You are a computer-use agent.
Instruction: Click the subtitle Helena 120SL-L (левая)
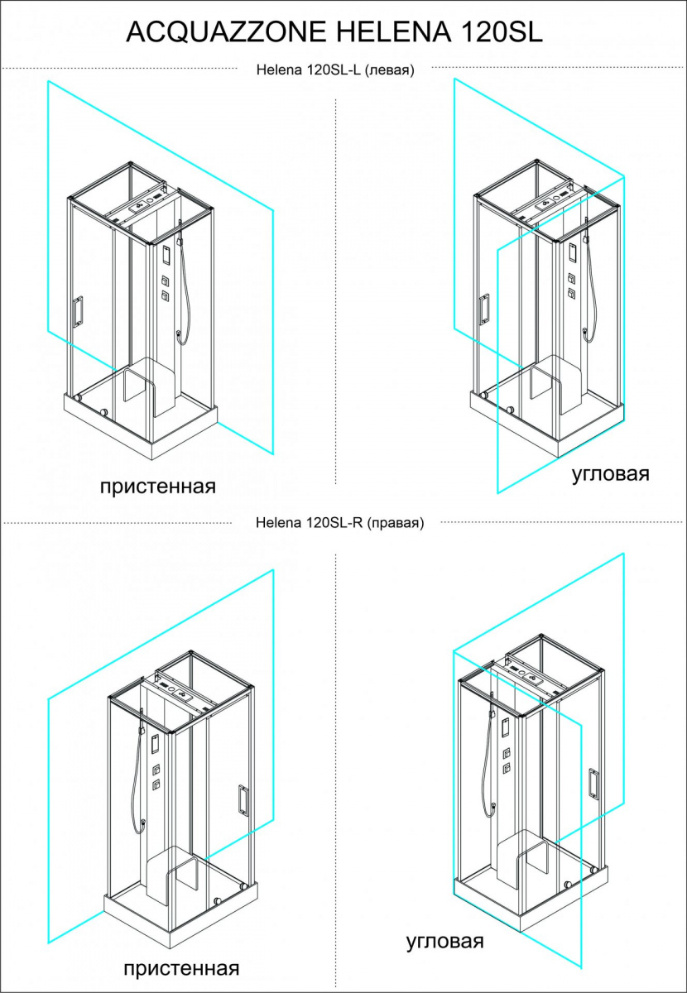(x=335, y=70)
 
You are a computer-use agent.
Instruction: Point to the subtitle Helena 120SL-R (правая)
(x=339, y=523)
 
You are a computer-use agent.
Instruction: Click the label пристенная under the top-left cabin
(x=158, y=487)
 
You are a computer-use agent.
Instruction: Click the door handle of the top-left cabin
(x=78, y=312)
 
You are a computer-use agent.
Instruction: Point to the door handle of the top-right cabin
(x=484, y=309)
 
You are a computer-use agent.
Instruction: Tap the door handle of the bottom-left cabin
(x=243, y=799)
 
